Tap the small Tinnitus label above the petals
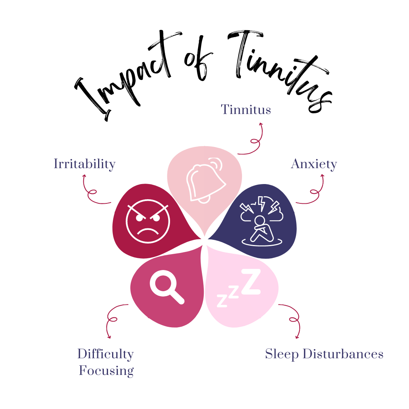coord(246,110)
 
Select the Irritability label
coord(84,164)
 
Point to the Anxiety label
coord(314,164)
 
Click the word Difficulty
coord(105,354)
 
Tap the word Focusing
coord(106,370)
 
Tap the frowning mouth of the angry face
coord(147,231)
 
